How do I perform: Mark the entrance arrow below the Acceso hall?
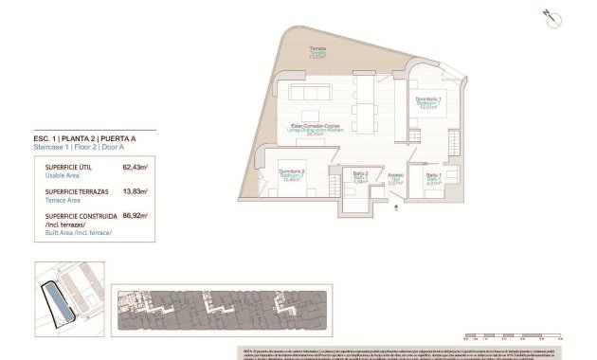(395, 212)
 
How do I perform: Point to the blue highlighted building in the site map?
(60, 303)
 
